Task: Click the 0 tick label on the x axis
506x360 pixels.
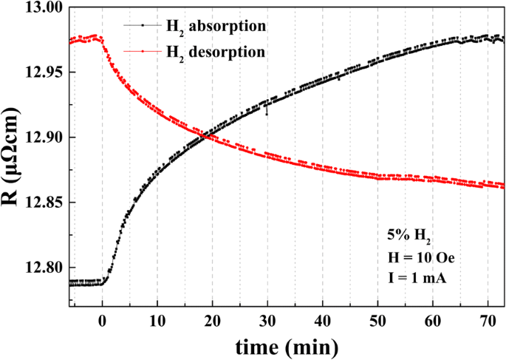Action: coord(102,320)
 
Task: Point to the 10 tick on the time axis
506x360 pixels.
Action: coord(157,320)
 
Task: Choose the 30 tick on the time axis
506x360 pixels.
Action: coord(267,320)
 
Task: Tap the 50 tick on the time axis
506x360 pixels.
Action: coord(377,320)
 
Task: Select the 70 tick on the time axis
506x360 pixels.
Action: coord(488,320)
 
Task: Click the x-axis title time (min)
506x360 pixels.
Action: coord(287,345)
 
